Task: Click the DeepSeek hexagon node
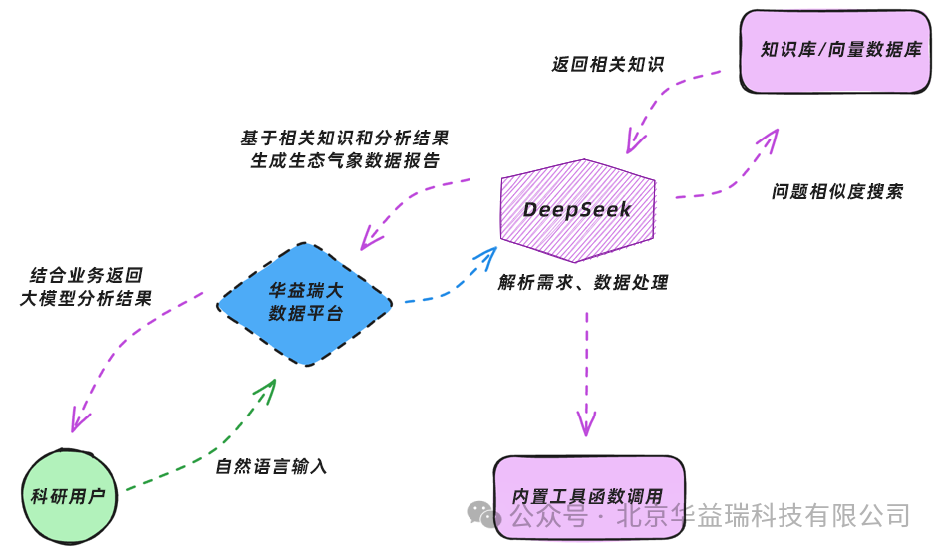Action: click(577, 210)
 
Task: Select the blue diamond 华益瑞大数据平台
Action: click(305, 302)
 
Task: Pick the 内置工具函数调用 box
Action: click(587, 496)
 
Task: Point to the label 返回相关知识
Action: click(607, 65)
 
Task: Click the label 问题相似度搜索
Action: click(837, 192)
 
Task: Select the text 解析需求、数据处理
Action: click(583, 282)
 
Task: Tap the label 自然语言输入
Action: click(271, 465)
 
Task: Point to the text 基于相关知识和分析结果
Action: click(344, 138)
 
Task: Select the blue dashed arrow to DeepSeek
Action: click(449, 279)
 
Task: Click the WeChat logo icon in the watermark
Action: click(485, 515)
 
